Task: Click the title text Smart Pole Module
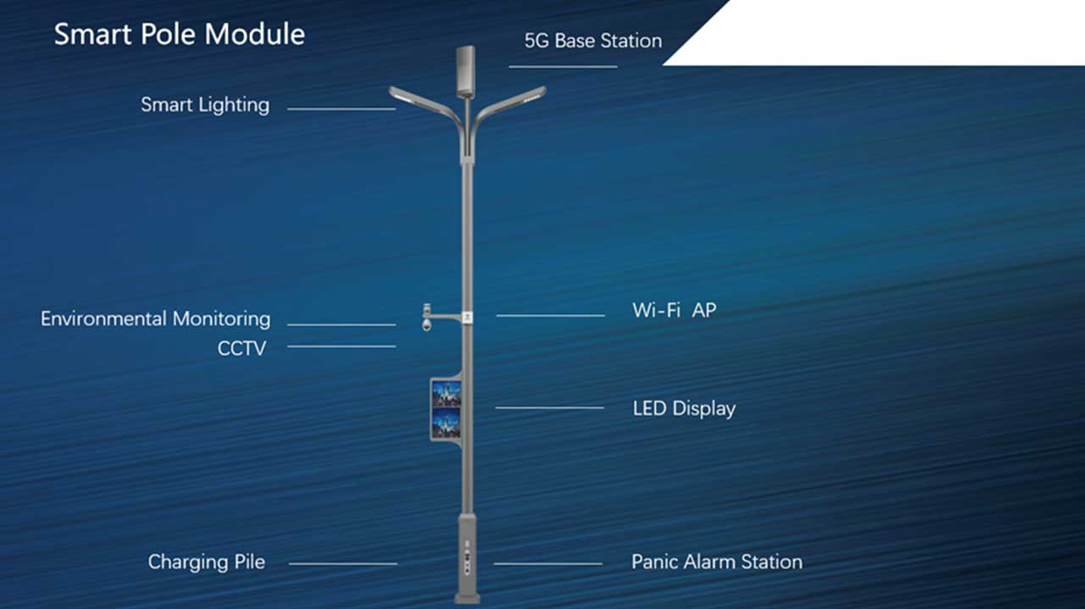click(179, 35)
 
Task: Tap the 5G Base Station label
click(593, 41)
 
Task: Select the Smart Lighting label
click(205, 105)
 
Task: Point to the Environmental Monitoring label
click(155, 319)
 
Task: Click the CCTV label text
click(242, 349)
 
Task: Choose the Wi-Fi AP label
click(674, 310)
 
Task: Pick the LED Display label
click(684, 408)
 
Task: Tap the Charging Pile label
click(206, 562)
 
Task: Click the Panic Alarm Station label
click(717, 562)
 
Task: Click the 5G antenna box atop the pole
click(465, 71)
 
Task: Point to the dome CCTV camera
click(426, 325)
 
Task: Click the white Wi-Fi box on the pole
click(467, 318)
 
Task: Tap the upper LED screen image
click(446, 394)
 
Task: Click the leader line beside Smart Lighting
click(342, 109)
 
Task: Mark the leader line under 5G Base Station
click(563, 67)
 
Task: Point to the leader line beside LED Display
click(550, 407)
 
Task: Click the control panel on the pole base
click(467, 558)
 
